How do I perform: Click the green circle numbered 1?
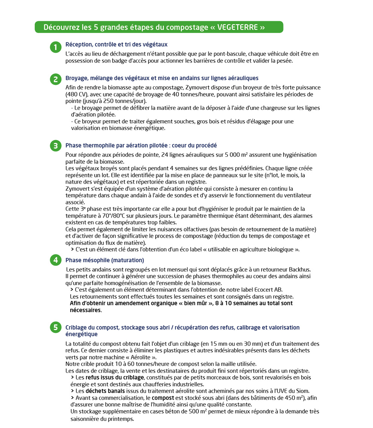(x=55, y=47)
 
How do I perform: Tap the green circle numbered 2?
(x=55, y=79)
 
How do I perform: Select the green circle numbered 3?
(x=55, y=146)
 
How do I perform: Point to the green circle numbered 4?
(x=55, y=260)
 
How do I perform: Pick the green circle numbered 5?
(x=55, y=327)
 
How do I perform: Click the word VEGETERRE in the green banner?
(x=241, y=27)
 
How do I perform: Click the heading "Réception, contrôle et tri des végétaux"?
(x=116, y=44)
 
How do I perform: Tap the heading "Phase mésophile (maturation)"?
(x=104, y=260)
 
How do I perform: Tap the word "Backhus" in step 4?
(x=300, y=269)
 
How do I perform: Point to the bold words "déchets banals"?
(x=105, y=391)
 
